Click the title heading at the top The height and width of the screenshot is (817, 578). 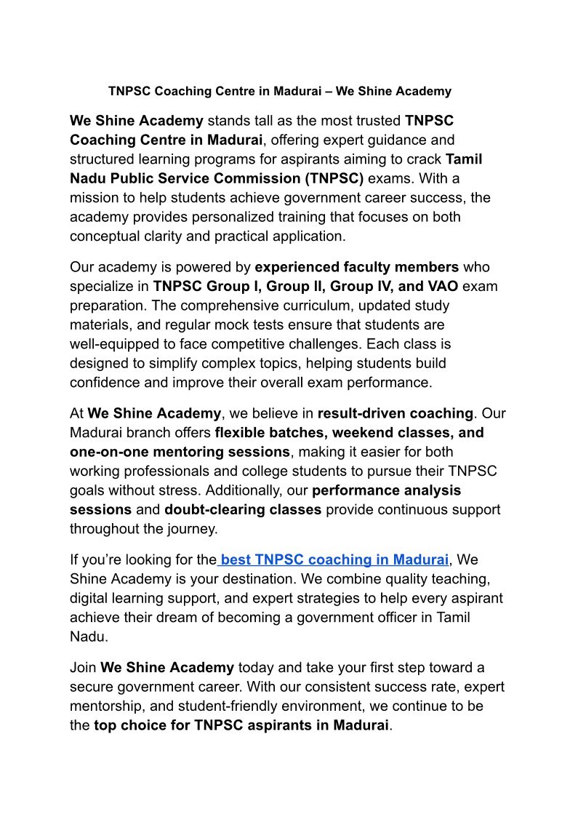pos(280,91)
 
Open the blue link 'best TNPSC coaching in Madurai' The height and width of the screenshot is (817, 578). pos(334,559)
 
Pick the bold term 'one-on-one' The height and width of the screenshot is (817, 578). pos(108,452)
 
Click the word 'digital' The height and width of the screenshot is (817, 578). pos(92,598)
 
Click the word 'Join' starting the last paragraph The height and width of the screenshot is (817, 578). pos(83,667)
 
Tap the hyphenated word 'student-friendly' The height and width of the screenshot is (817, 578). pos(217,706)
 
